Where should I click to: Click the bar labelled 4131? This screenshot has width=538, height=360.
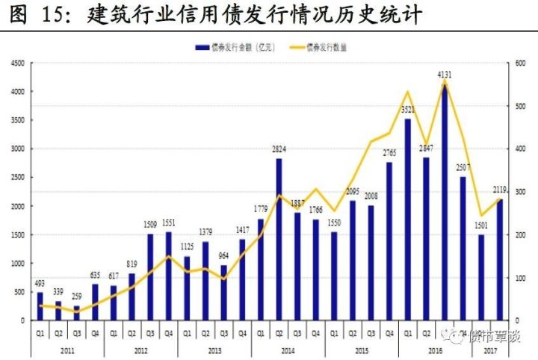pos(445,202)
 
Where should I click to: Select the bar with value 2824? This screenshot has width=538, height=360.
pos(279,239)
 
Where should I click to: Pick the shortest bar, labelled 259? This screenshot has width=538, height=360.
pos(76,312)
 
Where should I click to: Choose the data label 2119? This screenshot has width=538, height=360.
pos(501,190)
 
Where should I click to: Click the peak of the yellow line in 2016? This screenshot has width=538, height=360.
pos(445,83)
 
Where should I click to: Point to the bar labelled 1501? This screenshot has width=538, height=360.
pos(481,277)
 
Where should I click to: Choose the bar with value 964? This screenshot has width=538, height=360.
pos(223,292)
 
